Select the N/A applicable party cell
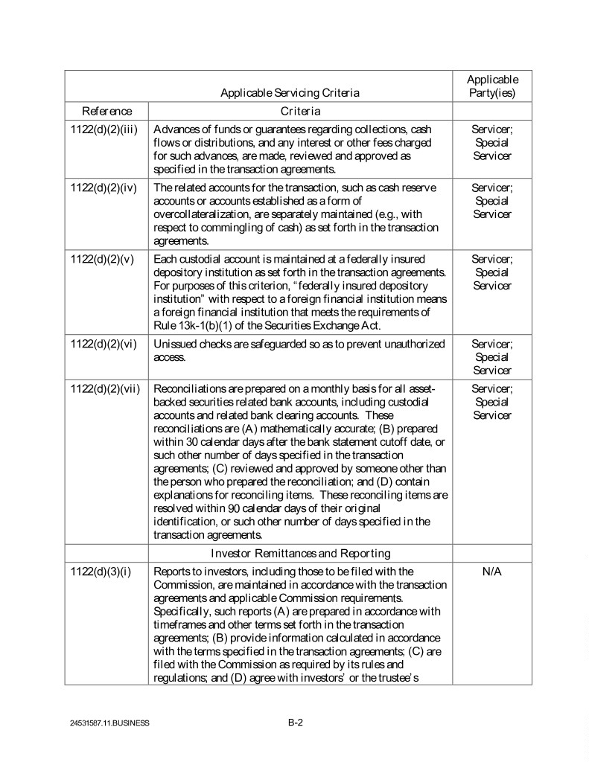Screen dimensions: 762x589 click(491, 571)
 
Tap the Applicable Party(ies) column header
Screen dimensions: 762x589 click(492, 86)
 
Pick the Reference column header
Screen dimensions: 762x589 click(106, 111)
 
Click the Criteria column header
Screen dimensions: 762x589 click(300, 111)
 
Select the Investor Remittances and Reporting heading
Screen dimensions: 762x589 click(300, 553)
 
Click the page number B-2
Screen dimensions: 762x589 click(296, 722)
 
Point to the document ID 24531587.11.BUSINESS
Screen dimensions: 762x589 click(107, 723)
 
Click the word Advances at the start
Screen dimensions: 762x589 click(174, 129)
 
